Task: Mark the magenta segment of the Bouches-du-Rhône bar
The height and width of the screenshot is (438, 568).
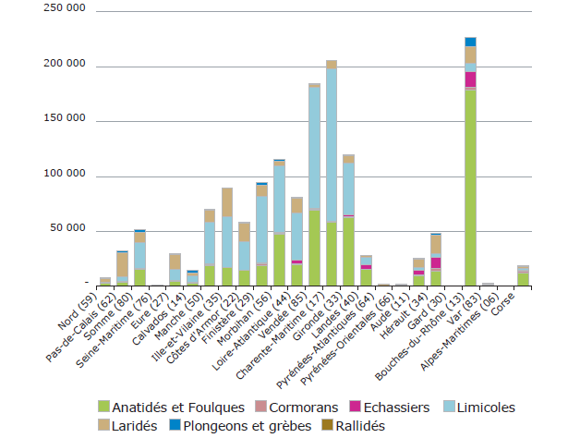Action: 470,79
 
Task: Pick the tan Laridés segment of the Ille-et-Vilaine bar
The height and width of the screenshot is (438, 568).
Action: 227,202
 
